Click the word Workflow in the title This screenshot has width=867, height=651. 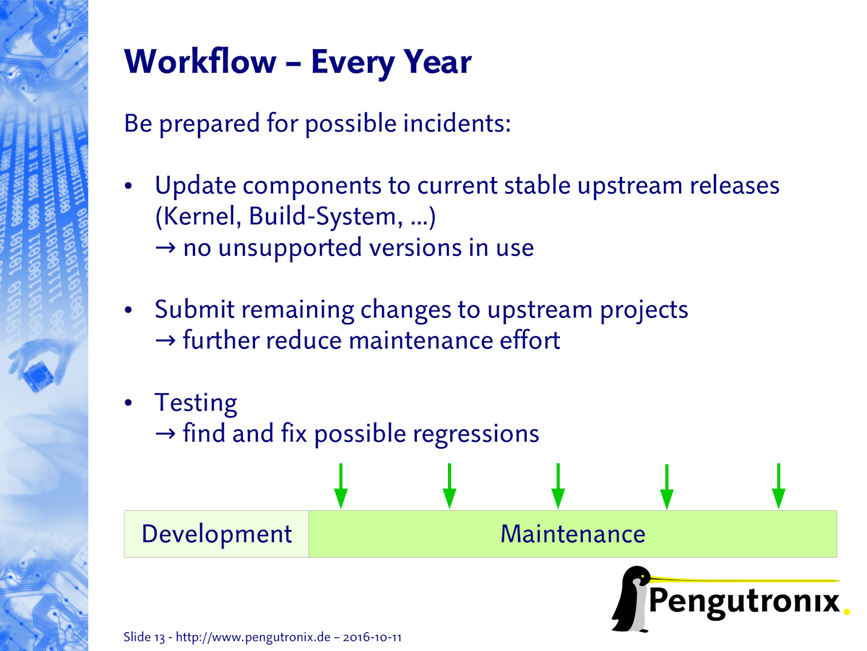pyautogui.click(x=200, y=61)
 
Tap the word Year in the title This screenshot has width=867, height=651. pyautogui.click(x=438, y=62)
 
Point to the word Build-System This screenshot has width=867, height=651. pyautogui.click(x=326, y=217)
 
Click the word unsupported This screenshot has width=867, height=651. pyautogui.click(x=290, y=249)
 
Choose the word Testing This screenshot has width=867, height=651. pyautogui.click(x=196, y=403)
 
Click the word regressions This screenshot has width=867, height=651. pyautogui.click(x=476, y=434)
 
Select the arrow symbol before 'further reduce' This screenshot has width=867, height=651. pyautogui.click(x=165, y=340)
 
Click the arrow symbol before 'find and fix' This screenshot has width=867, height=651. pyautogui.click(x=165, y=434)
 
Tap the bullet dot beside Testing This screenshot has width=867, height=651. pyautogui.click(x=128, y=403)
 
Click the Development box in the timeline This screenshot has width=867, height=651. pyautogui.click(x=217, y=534)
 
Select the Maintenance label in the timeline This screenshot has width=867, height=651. pyautogui.click(x=573, y=534)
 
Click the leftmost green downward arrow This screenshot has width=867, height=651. pyautogui.click(x=341, y=486)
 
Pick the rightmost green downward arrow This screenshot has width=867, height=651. pyautogui.click(x=779, y=486)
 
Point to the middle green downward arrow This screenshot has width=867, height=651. pyautogui.click(x=558, y=486)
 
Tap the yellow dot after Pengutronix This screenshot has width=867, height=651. pyautogui.click(x=847, y=612)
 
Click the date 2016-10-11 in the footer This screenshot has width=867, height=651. pyautogui.click(x=372, y=637)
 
